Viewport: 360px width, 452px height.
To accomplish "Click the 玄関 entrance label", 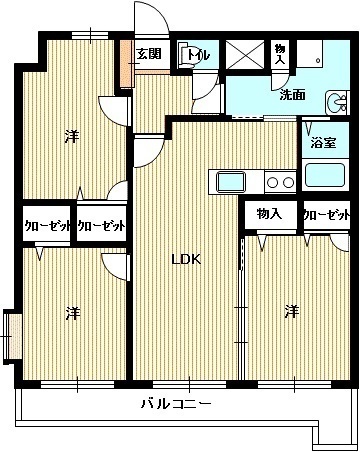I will pyautogui.click(x=149, y=53).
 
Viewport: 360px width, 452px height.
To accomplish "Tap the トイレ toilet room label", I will pyautogui.click(x=198, y=55).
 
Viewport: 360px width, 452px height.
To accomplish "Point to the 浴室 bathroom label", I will pyautogui.click(x=325, y=142).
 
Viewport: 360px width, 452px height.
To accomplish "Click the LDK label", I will pyautogui.click(x=185, y=260).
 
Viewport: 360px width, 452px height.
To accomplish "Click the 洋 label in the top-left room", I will pyautogui.click(x=72, y=135).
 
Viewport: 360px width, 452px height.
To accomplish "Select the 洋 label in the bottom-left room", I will pyautogui.click(x=72, y=313).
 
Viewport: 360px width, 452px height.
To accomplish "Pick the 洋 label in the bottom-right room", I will pyautogui.click(x=290, y=313).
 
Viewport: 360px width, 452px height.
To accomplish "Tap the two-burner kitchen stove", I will pyautogui.click(x=279, y=182).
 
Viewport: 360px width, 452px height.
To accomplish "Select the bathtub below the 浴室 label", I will pyautogui.click(x=326, y=176).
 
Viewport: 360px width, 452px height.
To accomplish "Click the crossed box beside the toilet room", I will pyautogui.click(x=242, y=54).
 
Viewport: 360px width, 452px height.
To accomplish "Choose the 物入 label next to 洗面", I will pyautogui.click(x=280, y=54).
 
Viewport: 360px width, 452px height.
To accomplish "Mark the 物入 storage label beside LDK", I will pyautogui.click(x=268, y=214).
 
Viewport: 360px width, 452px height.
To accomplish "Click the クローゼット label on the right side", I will pyautogui.click(x=326, y=215).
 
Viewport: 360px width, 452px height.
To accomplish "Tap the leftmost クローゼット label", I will pyautogui.click(x=47, y=226).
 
